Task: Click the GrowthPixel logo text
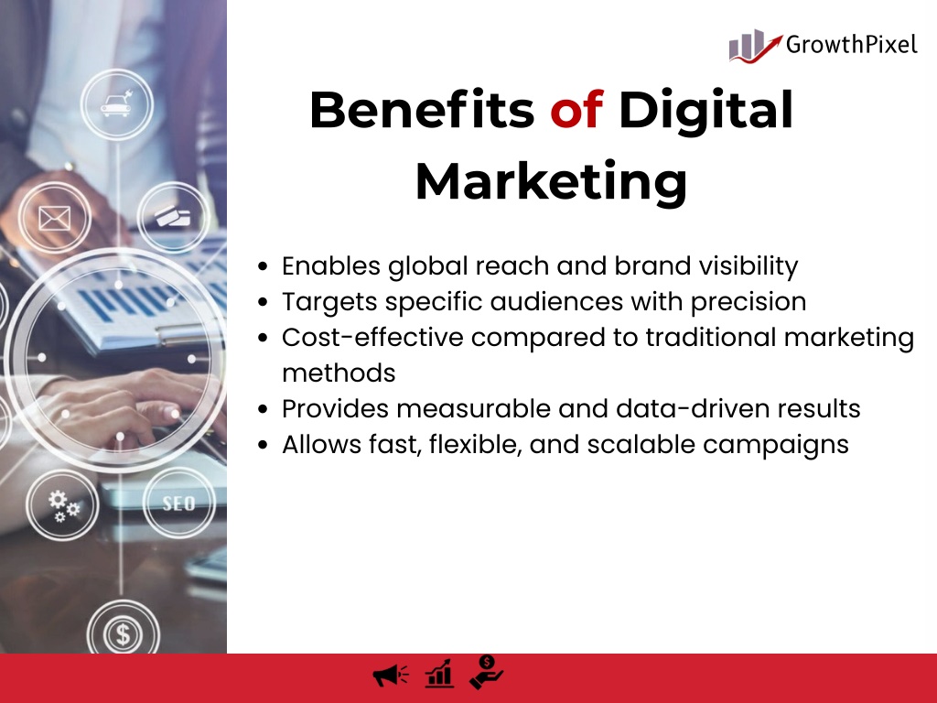[851, 45]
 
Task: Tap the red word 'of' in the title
[576, 110]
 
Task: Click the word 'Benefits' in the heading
[422, 110]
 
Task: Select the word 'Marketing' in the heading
[551, 182]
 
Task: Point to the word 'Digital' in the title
[705, 111]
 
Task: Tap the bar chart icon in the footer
[439, 674]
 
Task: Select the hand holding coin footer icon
[487, 672]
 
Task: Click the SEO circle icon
[178, 503]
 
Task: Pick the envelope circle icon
[54, 218]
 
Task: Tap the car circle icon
[116, 104]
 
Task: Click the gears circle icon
[63, 505]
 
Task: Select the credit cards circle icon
[173, 217]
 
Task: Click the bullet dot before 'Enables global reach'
[263, 266]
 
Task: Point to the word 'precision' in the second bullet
[749, 302]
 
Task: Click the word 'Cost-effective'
[372, 337]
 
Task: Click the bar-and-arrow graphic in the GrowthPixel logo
[755, 46]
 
